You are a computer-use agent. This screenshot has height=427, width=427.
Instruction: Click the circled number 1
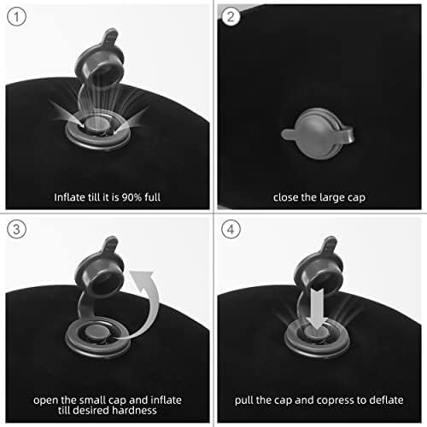[x=16, y=17]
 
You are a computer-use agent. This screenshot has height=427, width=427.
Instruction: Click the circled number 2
[x=231, y=16]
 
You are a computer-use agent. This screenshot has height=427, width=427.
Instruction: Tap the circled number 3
[x=16, y=229]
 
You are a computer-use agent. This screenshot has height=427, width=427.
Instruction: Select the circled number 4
[x=231, y=229]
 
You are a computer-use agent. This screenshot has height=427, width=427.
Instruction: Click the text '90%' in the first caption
[x=132, y=197]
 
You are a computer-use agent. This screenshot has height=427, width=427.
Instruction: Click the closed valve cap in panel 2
[x=319, y=134]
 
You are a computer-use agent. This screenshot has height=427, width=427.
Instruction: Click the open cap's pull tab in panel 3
[x=110, y=245]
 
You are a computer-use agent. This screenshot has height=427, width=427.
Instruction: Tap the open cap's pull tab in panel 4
[x=330, y=245]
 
